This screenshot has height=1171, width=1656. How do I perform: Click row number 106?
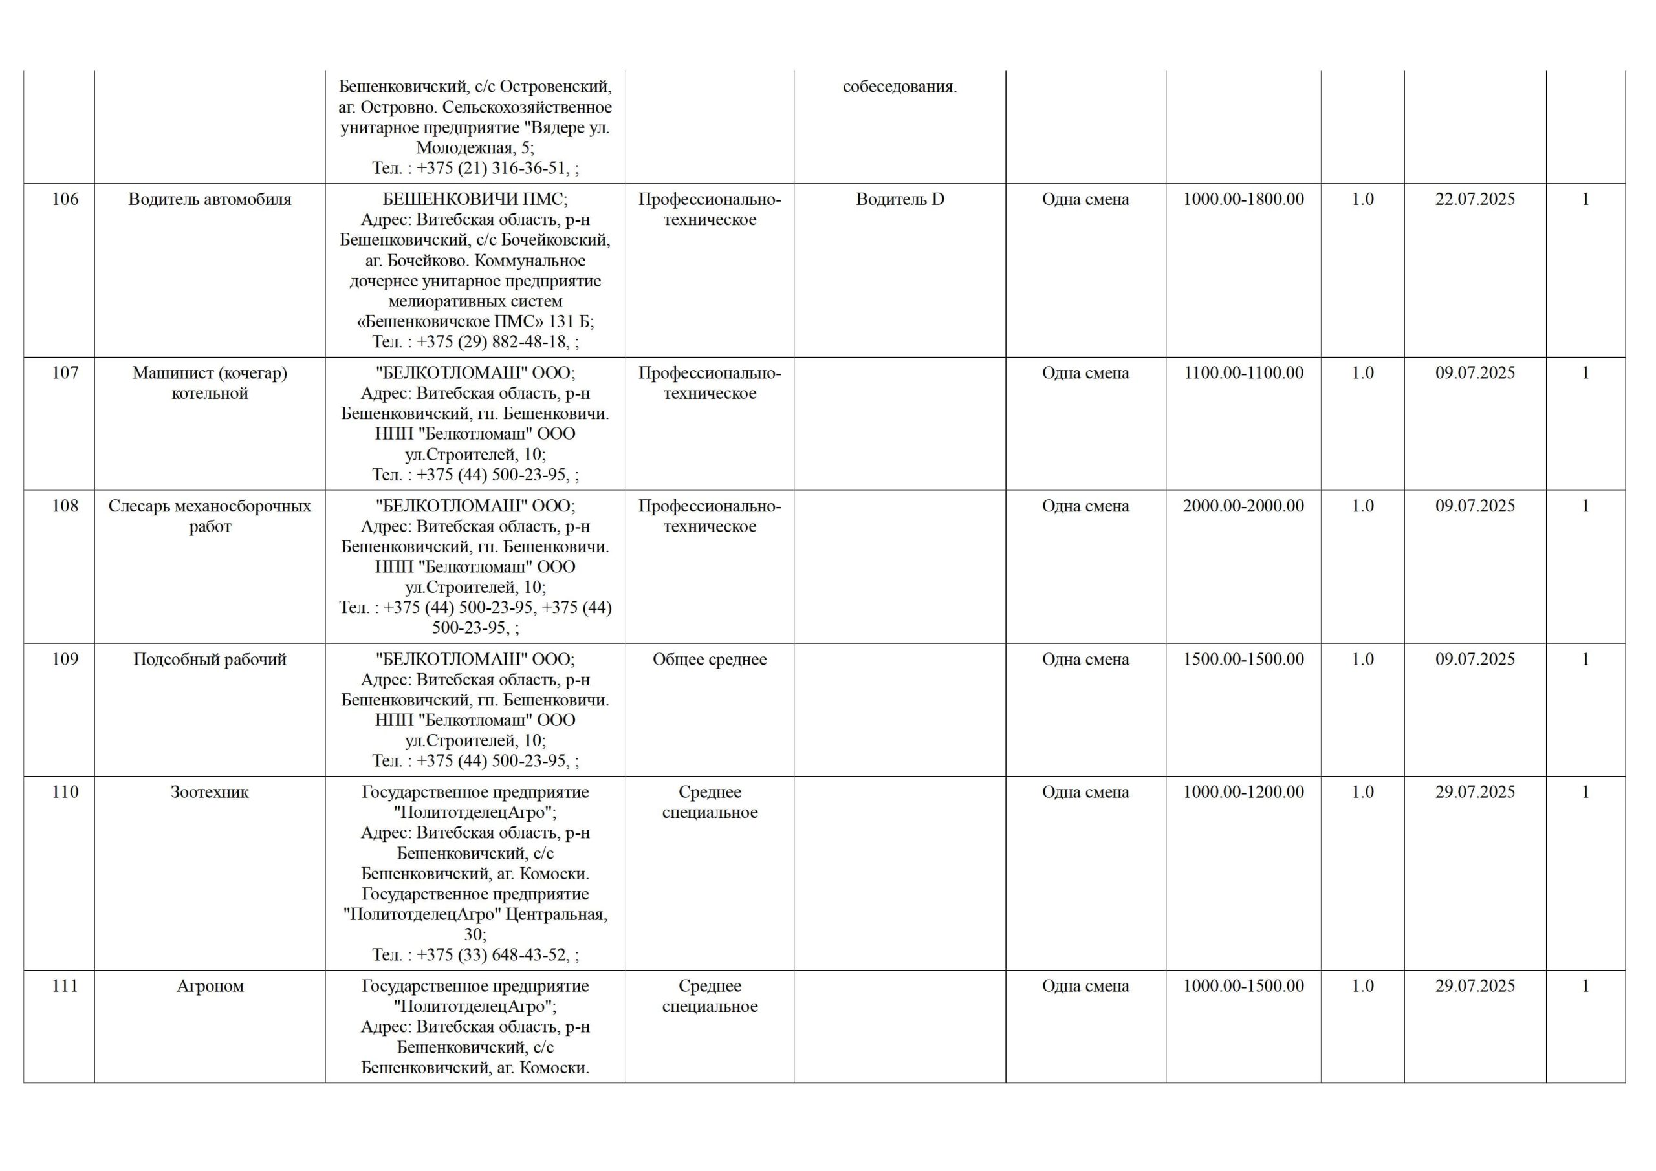pos(65,200)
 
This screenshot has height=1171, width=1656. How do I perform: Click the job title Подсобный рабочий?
pos(209,660)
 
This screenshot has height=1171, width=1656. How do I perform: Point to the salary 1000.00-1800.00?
pos(1243,200)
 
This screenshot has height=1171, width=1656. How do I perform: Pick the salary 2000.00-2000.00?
pos(1243,506)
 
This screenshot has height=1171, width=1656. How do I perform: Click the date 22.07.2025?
pos(1475,200)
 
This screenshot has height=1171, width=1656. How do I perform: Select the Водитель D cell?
pos(899,200)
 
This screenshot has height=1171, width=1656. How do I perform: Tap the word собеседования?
pos(899,87)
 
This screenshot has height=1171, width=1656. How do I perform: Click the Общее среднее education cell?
pos(709,660)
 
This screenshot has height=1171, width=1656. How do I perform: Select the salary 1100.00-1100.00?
pos(1243,374)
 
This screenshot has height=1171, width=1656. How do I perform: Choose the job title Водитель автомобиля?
pos(209,200)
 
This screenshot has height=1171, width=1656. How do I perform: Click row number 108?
pos(65,506)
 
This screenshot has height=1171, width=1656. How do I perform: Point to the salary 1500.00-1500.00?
pos(1243,660)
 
